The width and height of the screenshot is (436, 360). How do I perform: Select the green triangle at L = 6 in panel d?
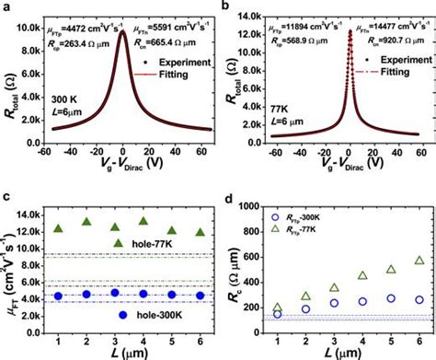coord(419,261)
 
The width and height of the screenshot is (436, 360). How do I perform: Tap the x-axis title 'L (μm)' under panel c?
coord(129,352)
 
